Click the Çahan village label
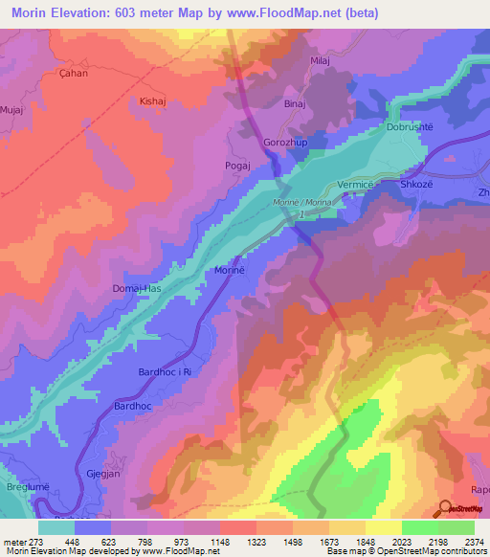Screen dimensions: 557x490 point(46,73)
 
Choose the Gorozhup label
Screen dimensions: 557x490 point(283,143)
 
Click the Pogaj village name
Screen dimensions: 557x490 point(237,166)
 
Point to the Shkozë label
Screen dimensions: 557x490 point(417,184)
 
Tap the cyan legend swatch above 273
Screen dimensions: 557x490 point(56,527)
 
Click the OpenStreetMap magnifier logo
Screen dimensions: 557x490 point(445,508)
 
